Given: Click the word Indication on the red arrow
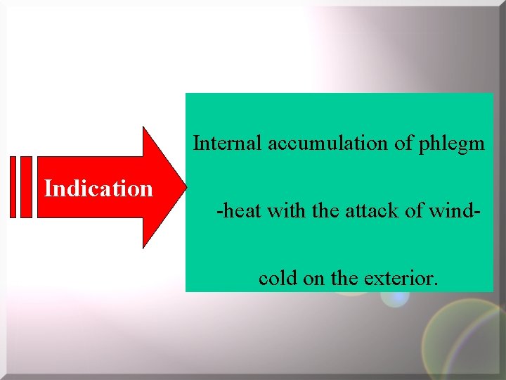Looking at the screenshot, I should coord(98,189).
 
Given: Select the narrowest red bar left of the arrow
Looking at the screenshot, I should coord(13,187).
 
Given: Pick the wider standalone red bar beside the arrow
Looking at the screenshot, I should coord(26,187).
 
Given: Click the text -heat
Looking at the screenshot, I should coord(240,210).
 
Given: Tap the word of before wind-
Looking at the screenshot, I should coord(413,210).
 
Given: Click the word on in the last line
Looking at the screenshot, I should coord(314,279).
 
